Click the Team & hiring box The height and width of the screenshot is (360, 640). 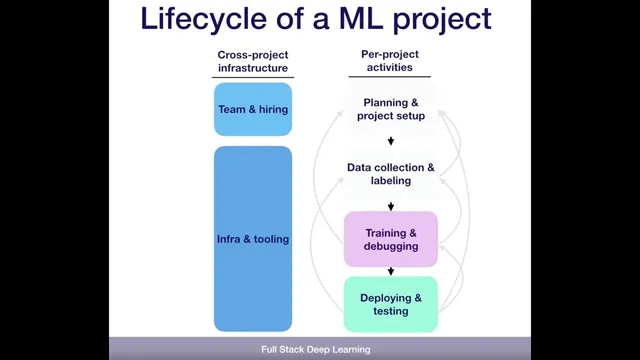[252, 109]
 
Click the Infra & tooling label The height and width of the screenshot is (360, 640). [252, 239]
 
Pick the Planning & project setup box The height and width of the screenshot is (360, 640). [391, 109]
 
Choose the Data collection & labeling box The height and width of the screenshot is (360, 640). [391, 174]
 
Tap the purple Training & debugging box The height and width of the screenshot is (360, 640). [391, 239]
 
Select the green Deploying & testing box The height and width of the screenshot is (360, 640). [391, 304]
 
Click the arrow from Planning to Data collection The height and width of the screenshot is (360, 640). [391, 141]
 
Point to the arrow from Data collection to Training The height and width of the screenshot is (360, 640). [391, 205]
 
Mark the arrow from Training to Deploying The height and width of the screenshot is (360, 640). [391, 270]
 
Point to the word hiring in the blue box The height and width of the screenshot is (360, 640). [270, 109]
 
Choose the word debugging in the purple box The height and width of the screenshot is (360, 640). [391, 246]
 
